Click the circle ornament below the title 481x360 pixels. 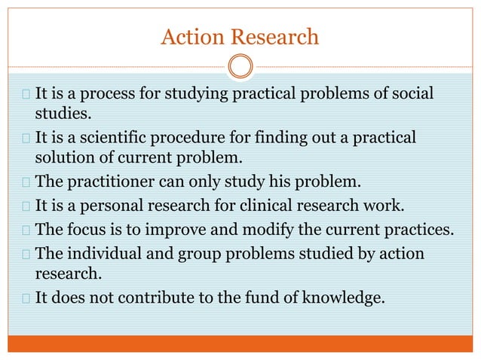(x=240, y=66)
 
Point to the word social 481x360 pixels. (x=414, y=96)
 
